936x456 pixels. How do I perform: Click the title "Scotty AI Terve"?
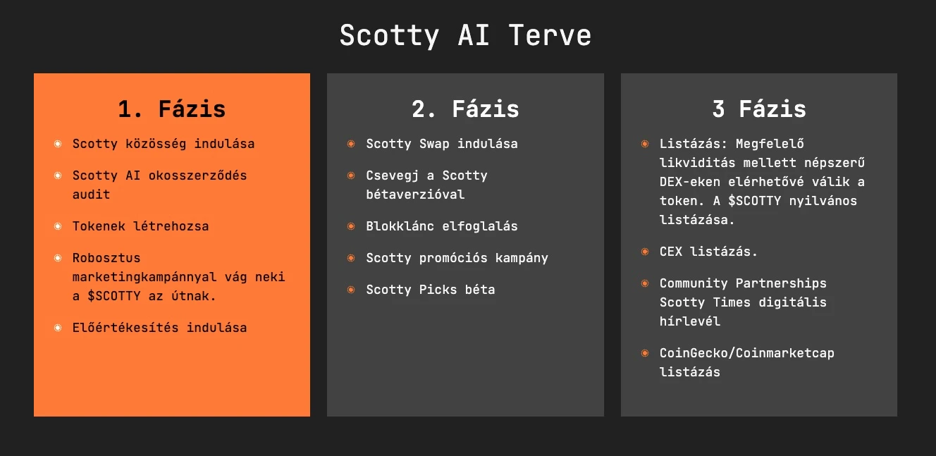click(465, 36)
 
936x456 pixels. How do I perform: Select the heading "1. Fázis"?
click(172, 109)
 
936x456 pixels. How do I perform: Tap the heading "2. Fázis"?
click(465, 109)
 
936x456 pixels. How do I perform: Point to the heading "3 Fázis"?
click(759, 109)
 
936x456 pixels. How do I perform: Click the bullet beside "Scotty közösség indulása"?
click(58, 144)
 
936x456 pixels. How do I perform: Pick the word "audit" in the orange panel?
click(91, 195)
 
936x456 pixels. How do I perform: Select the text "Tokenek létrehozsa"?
click(140, 226)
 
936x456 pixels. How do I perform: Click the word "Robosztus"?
click(106, 258)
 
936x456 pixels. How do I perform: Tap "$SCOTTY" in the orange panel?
click(114, 296)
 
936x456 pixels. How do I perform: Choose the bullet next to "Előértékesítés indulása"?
click(58, 328)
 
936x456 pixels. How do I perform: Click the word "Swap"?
click(434, 144)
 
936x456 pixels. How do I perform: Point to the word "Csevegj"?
click(393, 176)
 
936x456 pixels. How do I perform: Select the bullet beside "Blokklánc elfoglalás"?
click(352, 226)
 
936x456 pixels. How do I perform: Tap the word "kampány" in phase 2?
click(522, 258)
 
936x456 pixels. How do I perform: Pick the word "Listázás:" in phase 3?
click(694, 144)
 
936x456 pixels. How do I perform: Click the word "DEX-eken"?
click(690, 182)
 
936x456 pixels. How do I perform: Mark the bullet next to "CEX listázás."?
click(645, 252)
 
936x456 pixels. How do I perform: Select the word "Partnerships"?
click(781, 283)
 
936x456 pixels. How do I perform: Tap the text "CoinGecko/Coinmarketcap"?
click(746, 353)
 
